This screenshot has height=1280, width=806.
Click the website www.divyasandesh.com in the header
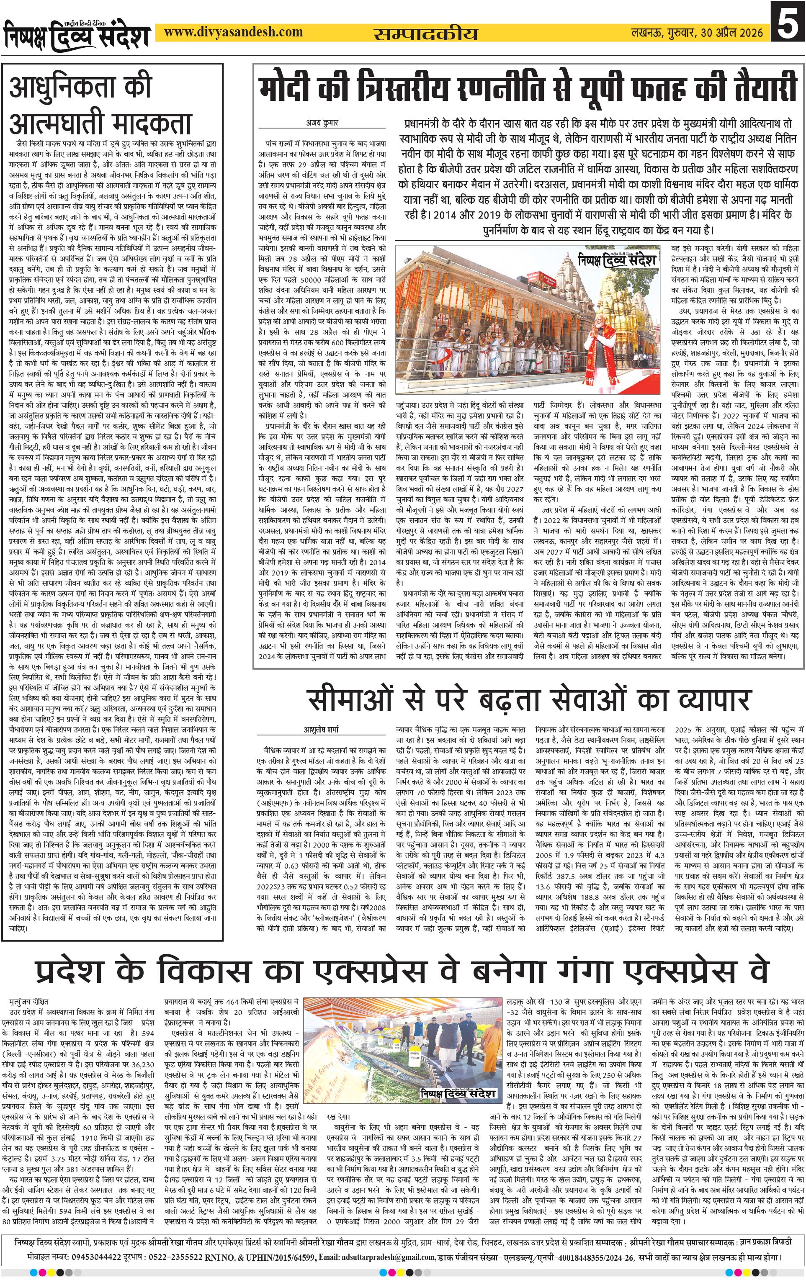point(233,32)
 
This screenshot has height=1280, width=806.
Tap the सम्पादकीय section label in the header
point(425,33)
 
